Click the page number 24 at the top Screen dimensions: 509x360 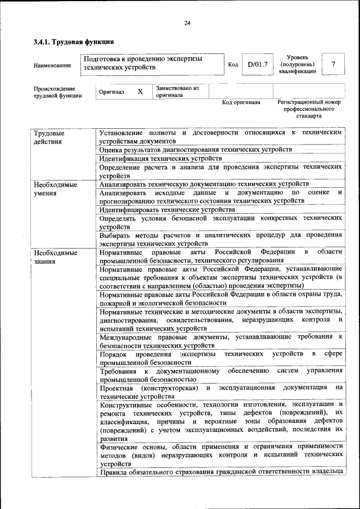(187, 22)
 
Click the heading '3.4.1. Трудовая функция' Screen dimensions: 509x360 (74, 42)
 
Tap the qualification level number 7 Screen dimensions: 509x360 (333, 65)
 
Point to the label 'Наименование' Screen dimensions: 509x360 (52, 66)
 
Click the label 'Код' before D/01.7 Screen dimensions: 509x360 (233, 65)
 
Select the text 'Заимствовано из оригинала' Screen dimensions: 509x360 (178, 92)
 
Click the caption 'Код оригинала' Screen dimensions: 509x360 (241, 103)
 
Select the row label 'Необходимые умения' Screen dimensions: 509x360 (55, 188)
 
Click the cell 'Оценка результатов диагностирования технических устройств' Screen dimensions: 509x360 (195, 149)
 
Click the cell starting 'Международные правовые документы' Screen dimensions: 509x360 (220, 341)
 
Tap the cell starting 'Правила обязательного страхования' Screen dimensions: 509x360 (220, 471)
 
